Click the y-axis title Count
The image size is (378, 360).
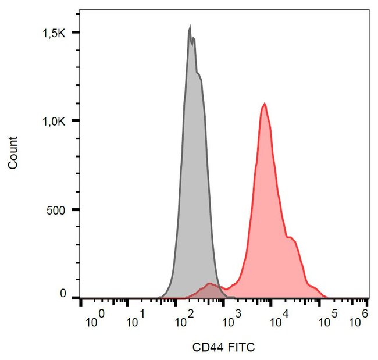point(13,152)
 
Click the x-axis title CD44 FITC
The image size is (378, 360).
point(223,347)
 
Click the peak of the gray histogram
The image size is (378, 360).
point(190,27)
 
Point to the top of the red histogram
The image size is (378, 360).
point(265,104)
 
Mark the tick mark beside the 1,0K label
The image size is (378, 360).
point(77,121)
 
